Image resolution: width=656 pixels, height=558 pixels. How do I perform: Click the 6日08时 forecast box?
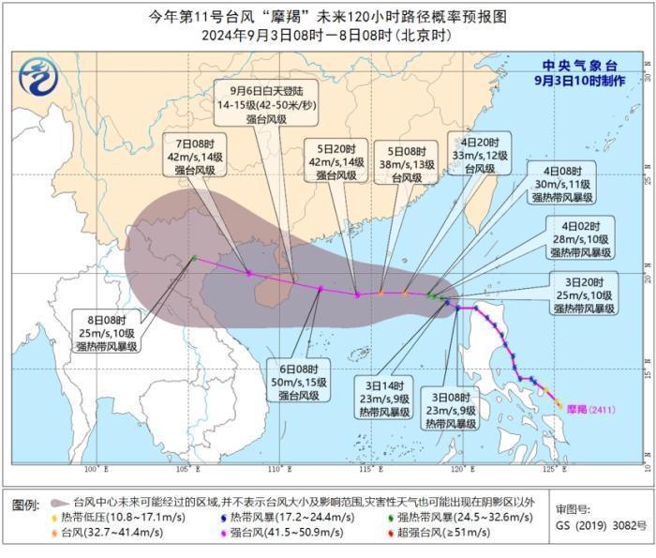pyautogui.click(x=301, y=383)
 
